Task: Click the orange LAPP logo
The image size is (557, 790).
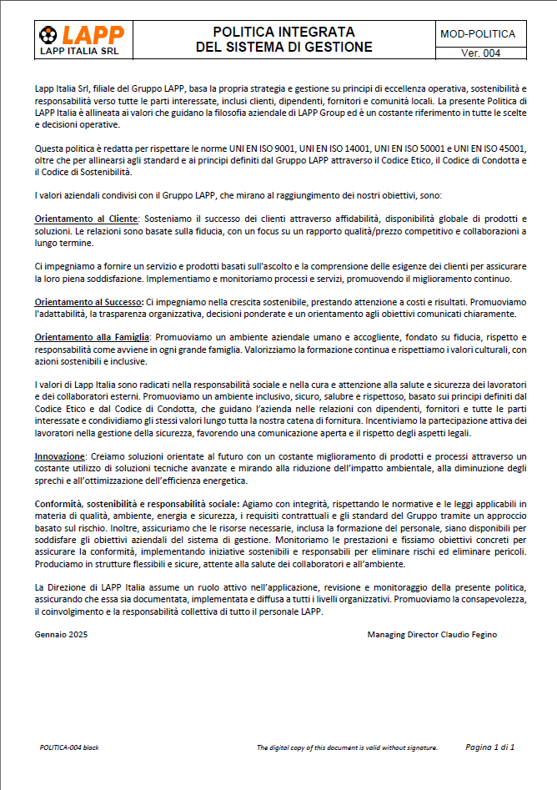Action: pos(81,34)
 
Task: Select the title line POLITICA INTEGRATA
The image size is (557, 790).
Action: pos(284,32)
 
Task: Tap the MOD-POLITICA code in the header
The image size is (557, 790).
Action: pos(477,34)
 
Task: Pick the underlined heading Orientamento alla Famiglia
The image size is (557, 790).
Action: pos(91,337)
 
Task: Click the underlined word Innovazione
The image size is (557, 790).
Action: pos(60,456)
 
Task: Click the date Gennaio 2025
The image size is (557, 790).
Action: pos(61,635)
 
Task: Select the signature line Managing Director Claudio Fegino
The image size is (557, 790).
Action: pos(432,635)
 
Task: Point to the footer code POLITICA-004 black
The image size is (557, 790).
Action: pos(69,747)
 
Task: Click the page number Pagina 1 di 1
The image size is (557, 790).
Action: pos(489,747)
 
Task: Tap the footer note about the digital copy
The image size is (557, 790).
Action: pos(347,747)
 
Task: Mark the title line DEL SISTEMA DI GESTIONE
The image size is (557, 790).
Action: pos(284,48)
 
